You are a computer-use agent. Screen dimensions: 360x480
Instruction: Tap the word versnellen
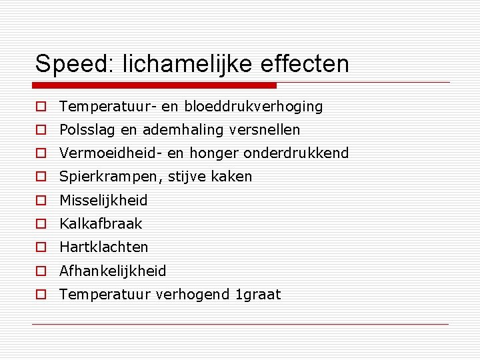(265, 130)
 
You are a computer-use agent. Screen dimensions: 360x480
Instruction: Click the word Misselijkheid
(103, 200)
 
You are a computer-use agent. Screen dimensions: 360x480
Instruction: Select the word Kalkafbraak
(101, 224)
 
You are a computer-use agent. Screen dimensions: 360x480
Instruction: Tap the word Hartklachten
(104, 247)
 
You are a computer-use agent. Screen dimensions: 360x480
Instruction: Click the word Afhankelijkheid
(113, 271)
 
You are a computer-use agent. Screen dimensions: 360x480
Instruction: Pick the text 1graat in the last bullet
(259, 295)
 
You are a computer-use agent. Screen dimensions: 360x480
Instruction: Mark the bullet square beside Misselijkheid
(41, 201)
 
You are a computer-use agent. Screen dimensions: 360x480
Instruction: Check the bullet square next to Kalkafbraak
(41, 224)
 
